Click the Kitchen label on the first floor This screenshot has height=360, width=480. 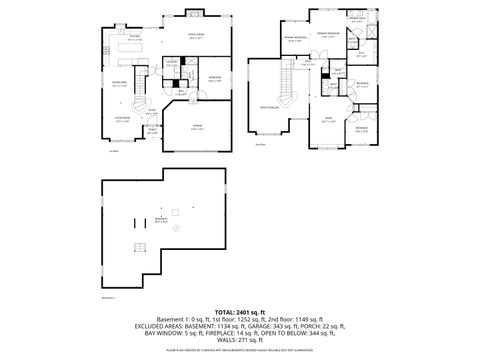coord(135,36)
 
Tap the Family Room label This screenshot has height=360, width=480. coord(197,35)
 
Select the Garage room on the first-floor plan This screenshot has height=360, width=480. coord(197,128)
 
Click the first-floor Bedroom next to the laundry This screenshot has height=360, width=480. coord(214,78)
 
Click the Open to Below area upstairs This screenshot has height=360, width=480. coord(269,104)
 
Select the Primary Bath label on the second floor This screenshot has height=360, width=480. coord(357,19)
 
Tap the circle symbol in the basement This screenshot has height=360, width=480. coord(177,229)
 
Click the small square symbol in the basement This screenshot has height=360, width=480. coord(172,211)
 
